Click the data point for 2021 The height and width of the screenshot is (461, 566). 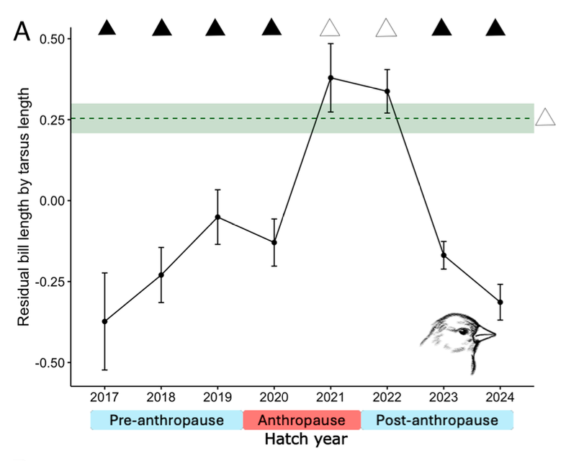click(x=331, y=78)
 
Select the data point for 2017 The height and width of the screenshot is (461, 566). click(x=104, y=321)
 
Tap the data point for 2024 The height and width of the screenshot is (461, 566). click(x=500, y=302)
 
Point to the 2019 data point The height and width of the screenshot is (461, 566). click(x=218, y=217)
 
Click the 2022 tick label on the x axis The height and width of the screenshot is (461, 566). click(x=387, y=398)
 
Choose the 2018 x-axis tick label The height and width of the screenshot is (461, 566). click(x=161, y=398)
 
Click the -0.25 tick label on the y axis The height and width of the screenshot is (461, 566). click(x=48, y=282)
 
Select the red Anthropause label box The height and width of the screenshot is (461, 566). click(x=301, y=420)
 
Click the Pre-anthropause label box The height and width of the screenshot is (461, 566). click(x=166, y=420)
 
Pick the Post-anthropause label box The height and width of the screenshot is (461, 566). click(x=437, y=420)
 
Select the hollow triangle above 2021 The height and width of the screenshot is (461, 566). click(x=331, y=28)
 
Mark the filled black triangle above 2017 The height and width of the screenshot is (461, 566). click(x=107, y=28)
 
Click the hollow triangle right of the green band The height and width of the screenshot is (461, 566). click(x=546, y=117)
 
